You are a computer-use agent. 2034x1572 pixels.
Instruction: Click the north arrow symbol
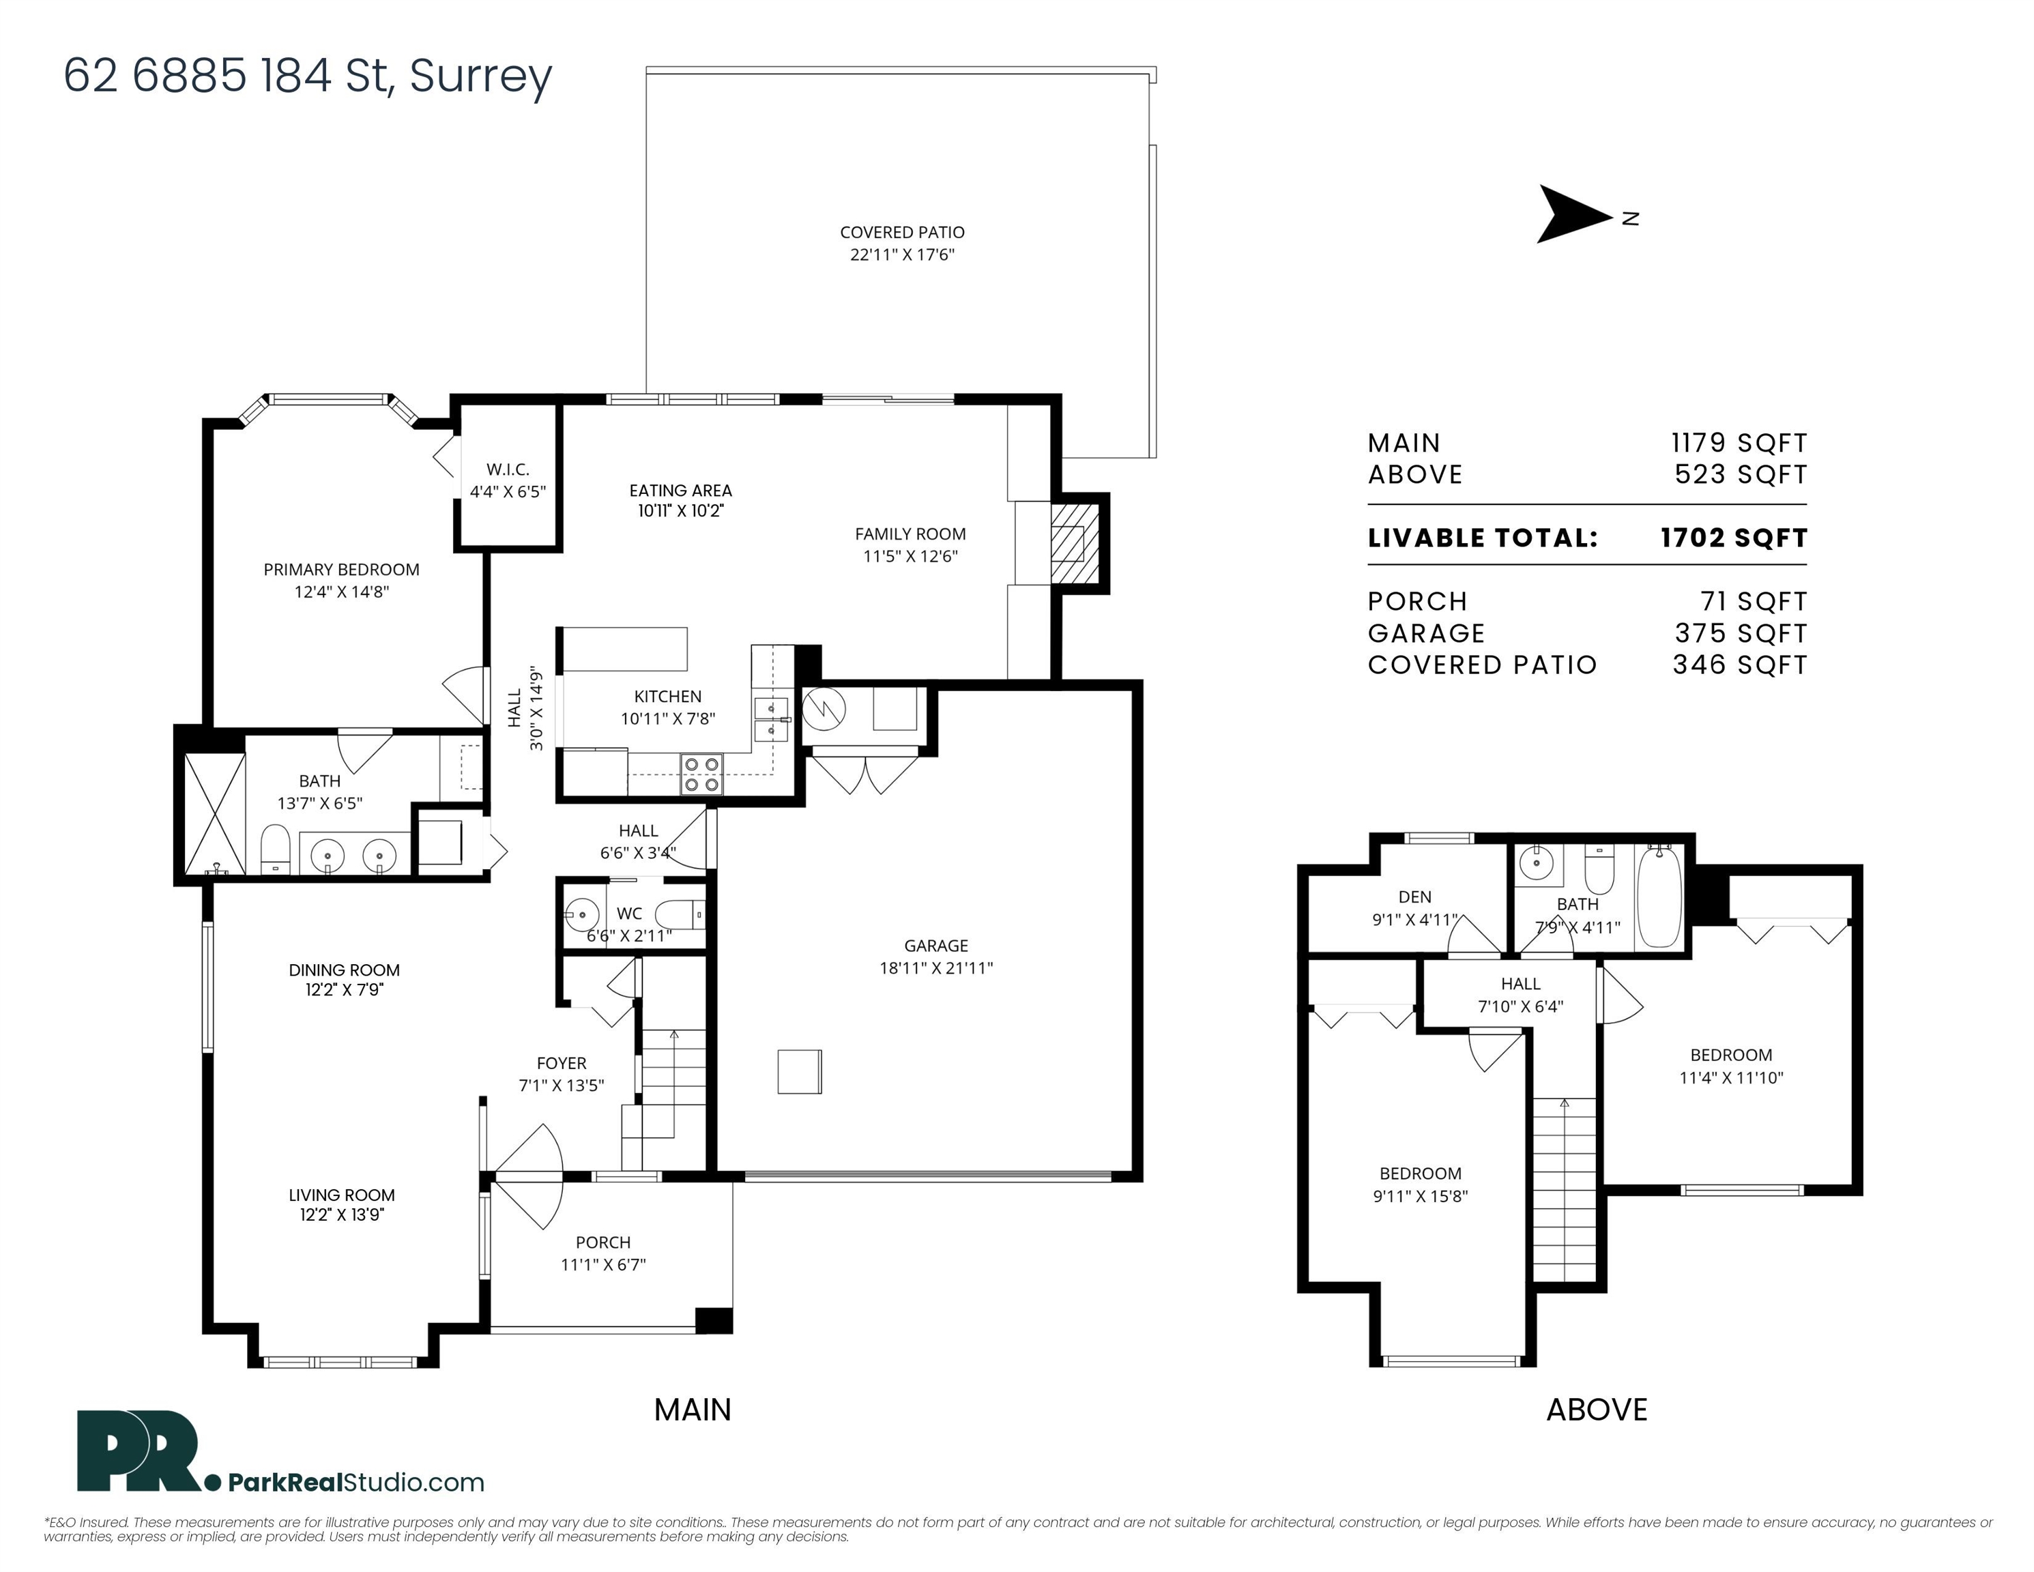(1572, 215)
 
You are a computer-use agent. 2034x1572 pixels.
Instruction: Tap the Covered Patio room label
(901, 232)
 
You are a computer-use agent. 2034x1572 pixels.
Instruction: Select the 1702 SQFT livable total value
(1732, 538)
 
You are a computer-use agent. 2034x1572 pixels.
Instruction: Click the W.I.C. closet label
(507, 469)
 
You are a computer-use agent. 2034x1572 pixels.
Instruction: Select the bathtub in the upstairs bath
(1659, 896)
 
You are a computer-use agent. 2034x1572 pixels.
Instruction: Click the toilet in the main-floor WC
(679, 914)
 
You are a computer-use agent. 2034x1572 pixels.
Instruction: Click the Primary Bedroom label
(341, 569)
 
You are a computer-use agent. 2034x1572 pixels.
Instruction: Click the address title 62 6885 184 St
(307, 76)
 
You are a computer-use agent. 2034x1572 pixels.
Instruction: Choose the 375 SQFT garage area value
(1740, 633)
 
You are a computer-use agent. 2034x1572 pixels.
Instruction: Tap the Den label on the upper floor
(1414, 897)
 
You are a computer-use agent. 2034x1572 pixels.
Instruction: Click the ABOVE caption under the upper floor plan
(1596, 1410)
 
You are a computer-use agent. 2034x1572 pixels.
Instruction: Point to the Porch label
(602, 1242)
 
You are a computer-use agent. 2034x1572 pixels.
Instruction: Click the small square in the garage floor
(799, 1071)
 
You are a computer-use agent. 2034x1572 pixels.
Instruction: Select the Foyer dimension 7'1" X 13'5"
(561, 1085)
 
